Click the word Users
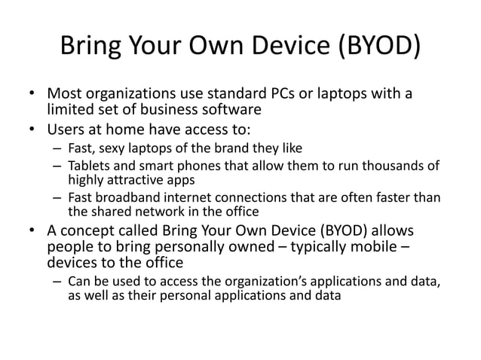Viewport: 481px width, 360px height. (x=66, y=128)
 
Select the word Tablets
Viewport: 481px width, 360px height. (x=88, y=165)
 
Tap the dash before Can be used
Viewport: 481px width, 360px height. (x=57, y=282)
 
